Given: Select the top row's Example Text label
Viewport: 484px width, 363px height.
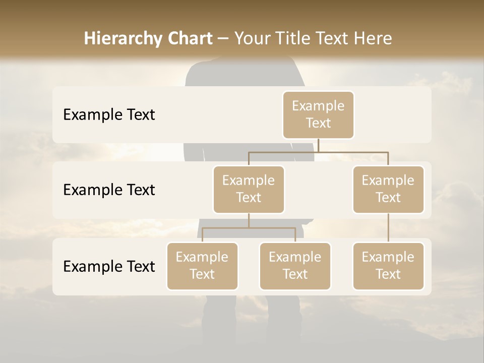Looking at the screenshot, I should (x=109, y=115).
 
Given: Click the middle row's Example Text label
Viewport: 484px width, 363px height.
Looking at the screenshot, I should (x=109, y=190).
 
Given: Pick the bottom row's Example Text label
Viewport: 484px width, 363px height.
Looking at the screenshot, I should (x=109, y=267).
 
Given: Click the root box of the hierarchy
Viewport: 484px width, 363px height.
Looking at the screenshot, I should (x=318, y=115).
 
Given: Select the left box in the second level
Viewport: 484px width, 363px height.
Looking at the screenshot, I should (x=249, y=190).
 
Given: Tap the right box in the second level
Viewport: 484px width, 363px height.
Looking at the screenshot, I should (x=388, y=190).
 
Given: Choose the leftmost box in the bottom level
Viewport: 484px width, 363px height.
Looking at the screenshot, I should (x=202, y=266).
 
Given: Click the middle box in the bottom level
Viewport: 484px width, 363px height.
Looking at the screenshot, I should (x=295, y=266).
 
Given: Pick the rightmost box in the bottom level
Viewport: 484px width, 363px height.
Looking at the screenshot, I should (x=388, y=266).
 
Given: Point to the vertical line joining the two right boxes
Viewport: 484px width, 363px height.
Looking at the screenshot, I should (x=388, y=228).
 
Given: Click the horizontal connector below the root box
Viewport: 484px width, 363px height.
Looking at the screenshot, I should (x=318, y=152).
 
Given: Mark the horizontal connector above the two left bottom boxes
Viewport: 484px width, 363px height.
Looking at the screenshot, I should (x=249, y=228).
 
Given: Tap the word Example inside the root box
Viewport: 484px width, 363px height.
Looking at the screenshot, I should (x=318, y=106).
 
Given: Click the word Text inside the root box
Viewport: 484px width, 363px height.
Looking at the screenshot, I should (x=318, y=123).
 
